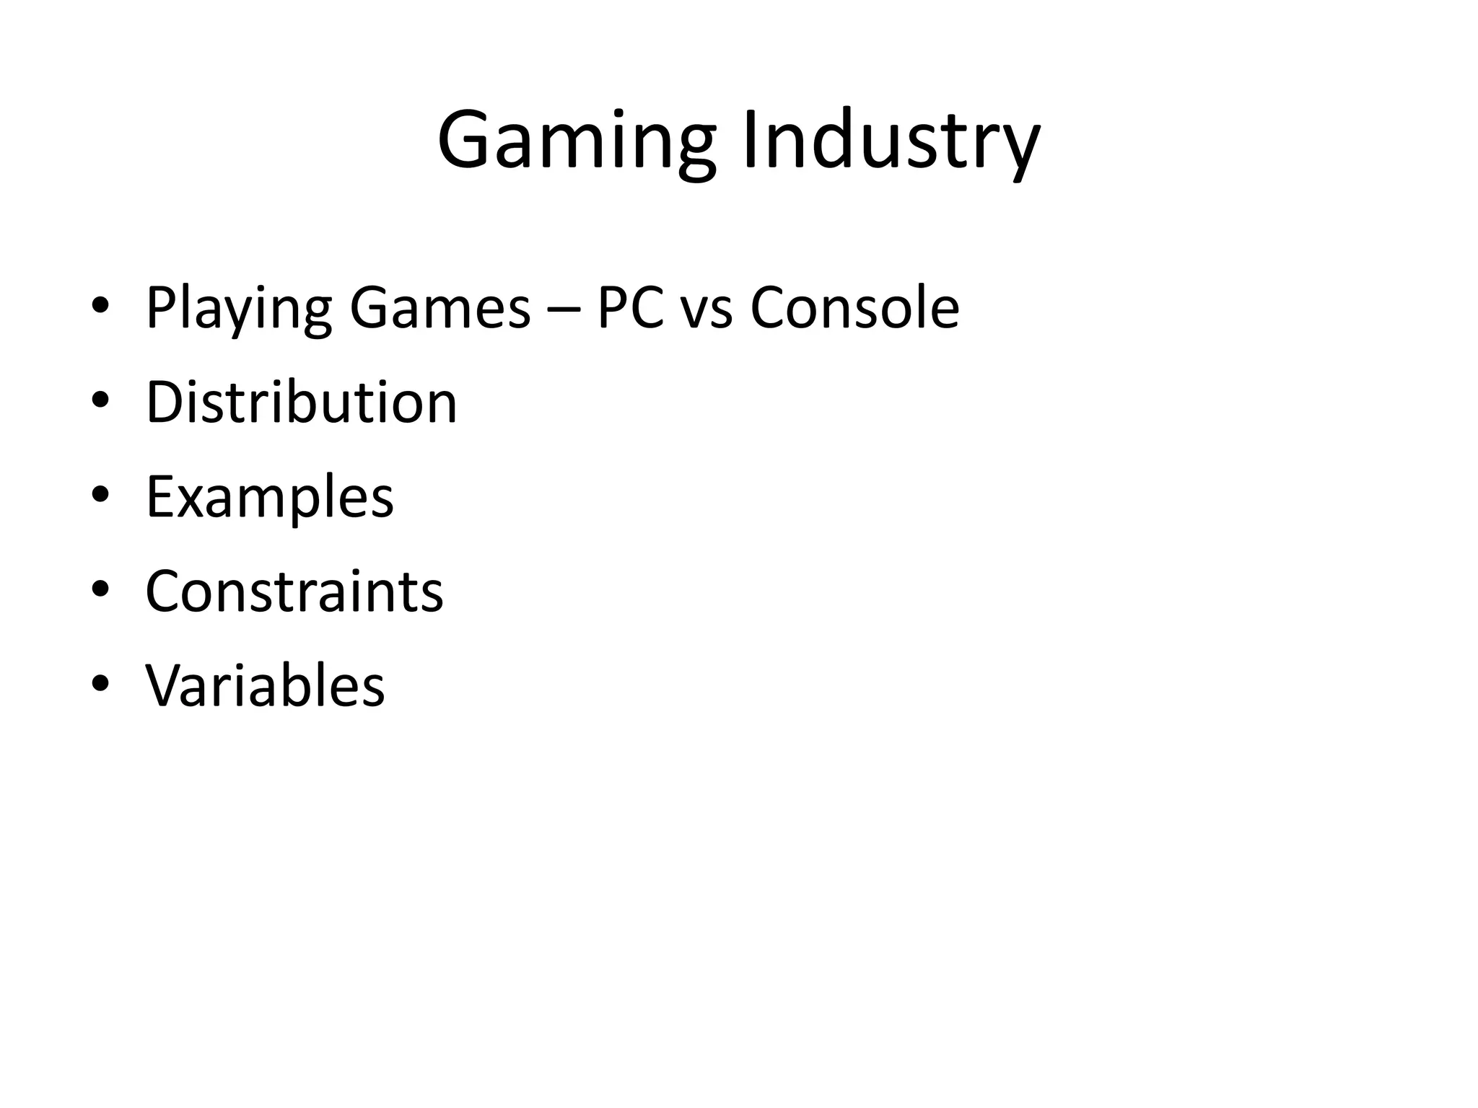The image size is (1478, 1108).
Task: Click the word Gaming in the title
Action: [577, 142]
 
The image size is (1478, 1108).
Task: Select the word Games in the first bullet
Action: [440, 308]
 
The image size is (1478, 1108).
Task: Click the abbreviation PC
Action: [630, 308]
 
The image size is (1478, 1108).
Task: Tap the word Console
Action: [854, 308]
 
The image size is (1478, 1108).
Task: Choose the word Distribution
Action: [302, 402]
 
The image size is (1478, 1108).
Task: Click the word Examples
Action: [270, 498]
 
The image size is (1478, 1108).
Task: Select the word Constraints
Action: [294, 592]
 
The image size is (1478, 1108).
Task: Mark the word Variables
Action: [266, 685]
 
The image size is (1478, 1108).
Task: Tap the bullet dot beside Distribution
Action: [100, 400]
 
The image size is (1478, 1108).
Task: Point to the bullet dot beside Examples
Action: [100, 494]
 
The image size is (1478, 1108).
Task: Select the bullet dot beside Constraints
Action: [100, 589]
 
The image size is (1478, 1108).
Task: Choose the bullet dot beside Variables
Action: [100, 682]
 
